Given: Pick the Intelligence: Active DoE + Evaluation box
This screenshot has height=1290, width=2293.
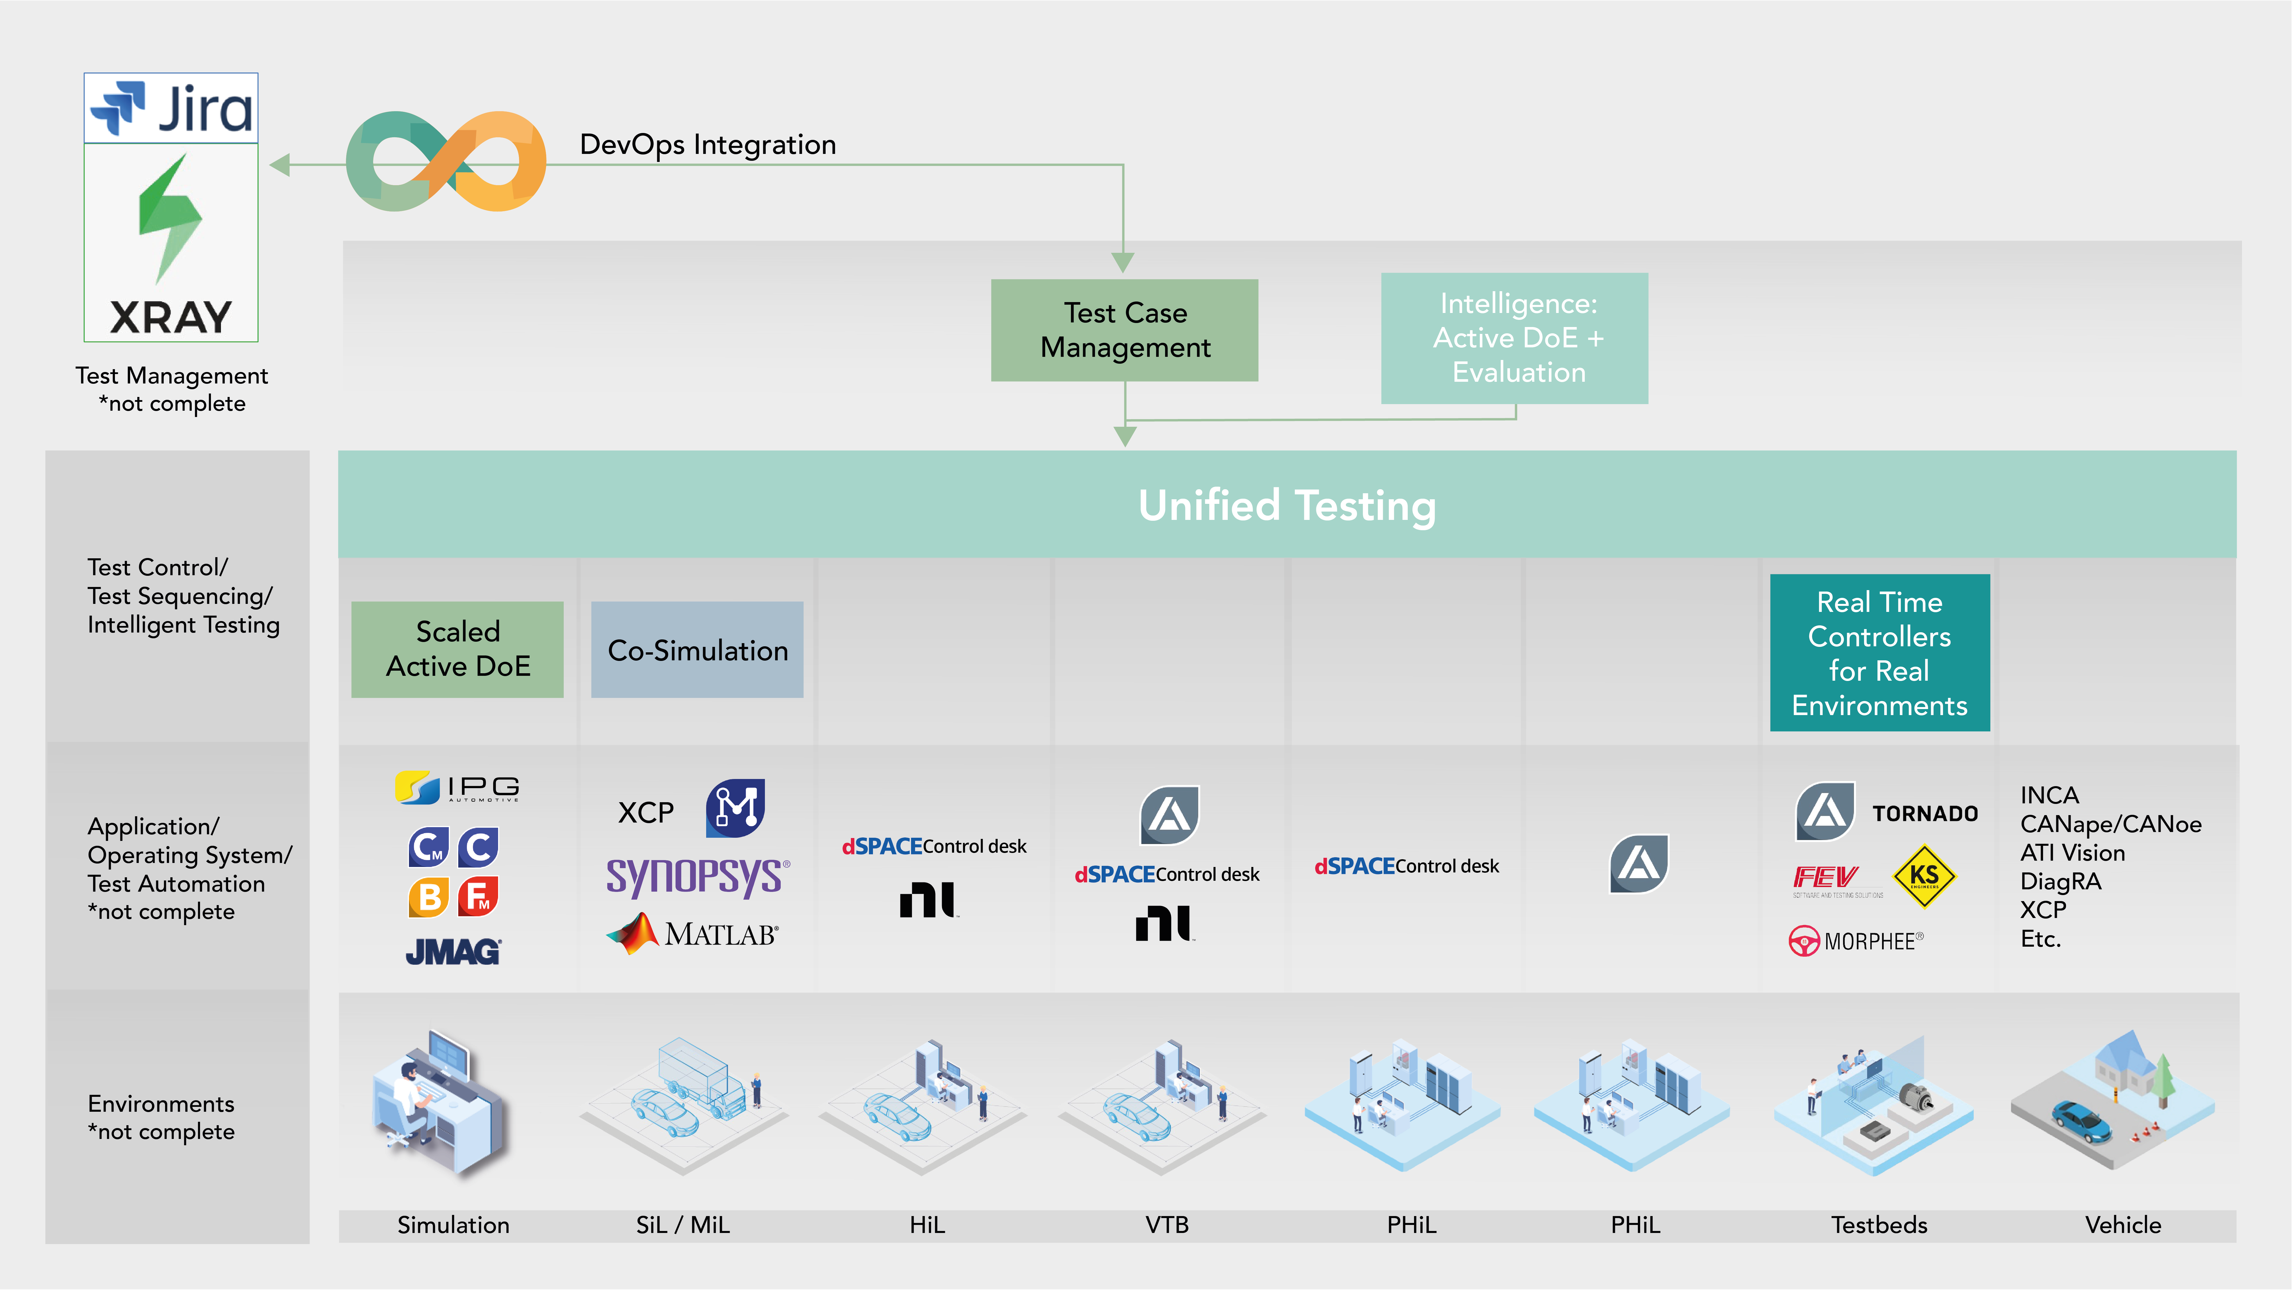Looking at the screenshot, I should coord(1514,338).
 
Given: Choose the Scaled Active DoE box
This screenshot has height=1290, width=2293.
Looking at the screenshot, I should coord(457,649).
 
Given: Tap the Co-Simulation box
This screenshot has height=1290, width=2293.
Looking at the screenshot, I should coord(697,650).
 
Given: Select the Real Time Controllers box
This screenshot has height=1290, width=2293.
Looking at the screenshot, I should coord(1879,653).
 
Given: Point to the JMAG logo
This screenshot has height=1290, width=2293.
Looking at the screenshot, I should coord(453,952).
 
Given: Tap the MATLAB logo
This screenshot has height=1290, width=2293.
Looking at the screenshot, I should coord(692,934).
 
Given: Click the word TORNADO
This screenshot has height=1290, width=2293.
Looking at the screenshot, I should coord(1924,814).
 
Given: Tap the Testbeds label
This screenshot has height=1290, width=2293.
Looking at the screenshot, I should coord(1878,1225).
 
